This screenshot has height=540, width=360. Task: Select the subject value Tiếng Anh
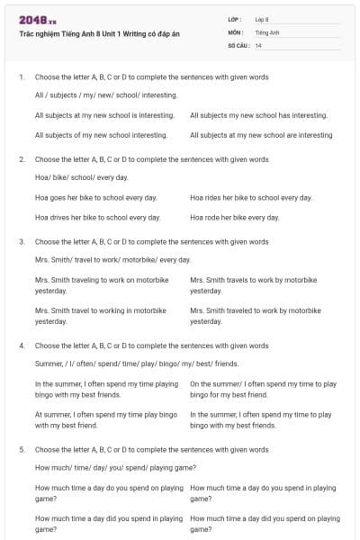pyautogui.click(x=266, y=31)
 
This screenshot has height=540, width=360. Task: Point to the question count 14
pyautogui.click(x=258, y=44)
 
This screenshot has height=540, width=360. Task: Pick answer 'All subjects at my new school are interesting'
pyautogui.click(x=261, y=135)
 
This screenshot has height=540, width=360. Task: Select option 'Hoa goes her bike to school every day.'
pyautogui.click(x=95, y=197)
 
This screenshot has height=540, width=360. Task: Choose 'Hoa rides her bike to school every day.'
pyautogui.click(x=251, y=197)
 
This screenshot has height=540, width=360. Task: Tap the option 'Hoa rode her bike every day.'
pyautogui.click(x=234, y=217)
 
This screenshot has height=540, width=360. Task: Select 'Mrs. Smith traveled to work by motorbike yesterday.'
pyautogui.click(x=255, y=315)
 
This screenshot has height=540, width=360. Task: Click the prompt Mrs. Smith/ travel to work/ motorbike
pyautogui.click(x=112, y=259)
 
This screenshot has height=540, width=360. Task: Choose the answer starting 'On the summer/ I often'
pyautogui.click(x=263, y=389)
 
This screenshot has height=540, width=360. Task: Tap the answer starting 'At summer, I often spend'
pyautogui.click(x=105, y=419)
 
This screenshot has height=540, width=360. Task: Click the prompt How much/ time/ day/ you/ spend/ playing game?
pyautogui.click(x=115, y=467)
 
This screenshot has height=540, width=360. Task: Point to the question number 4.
pyautogui.click(x=22, y=346)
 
